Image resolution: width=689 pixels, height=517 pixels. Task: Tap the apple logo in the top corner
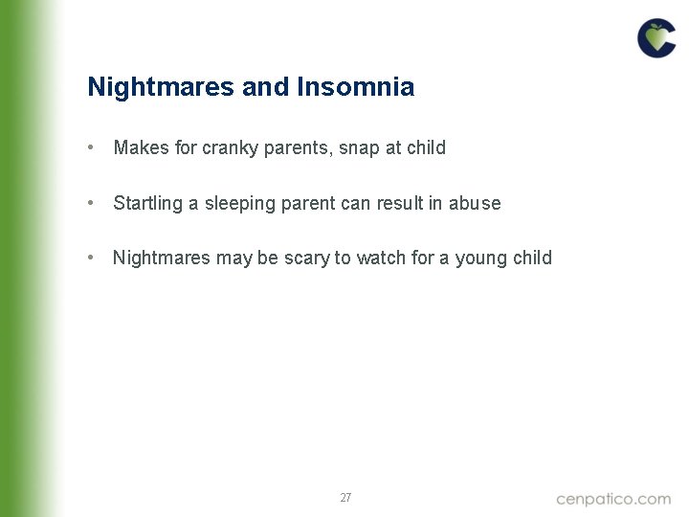pyautogui.click(x=656, y=38)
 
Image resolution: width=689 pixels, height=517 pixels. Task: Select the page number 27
pyautogui.click(x=345, y=498)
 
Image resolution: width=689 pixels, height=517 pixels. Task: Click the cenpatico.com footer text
pyautogui.click(x=613, y=499)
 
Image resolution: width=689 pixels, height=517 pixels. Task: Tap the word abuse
pyautogui.click(x=476, y=203)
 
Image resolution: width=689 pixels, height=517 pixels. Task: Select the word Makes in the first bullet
pyautogui.click(x=141, y=148)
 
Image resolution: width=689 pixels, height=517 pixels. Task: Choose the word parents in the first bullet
pyautogui.click(x=295, y=148)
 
